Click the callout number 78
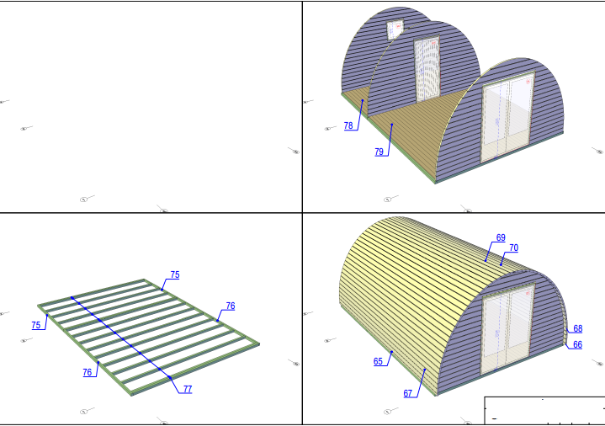[348, 125]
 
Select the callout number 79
[379, 152]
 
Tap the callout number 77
[188, 389]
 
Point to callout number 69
[501, 238]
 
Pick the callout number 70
[513, 248]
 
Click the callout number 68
[577, 328]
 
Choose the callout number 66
[577, 344]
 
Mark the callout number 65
[378, 361]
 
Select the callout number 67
[408, 393]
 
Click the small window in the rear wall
[395, 29]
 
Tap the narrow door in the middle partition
[427, 69]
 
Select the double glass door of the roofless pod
[507, 116]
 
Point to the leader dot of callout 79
[392, 125]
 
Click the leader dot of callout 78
[363, 100]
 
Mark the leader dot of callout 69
[486, 261]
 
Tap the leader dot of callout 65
[391, 352]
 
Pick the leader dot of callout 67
[425, 370]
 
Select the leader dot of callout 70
[502, 264]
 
